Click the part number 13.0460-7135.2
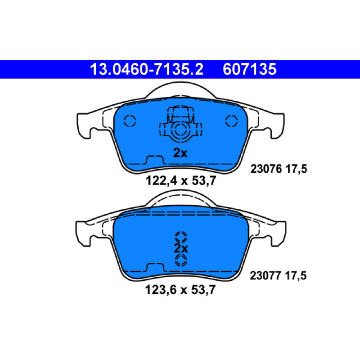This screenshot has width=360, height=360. click(147, 69)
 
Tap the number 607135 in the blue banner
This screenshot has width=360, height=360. click(249, 69)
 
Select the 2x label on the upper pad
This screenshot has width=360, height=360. click(180, 153)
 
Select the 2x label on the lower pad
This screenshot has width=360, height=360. click(181, 248)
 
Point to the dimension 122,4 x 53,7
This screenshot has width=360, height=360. click(181, 180)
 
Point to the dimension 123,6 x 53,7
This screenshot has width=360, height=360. click(180, 289)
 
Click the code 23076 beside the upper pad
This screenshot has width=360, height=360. click(266, 169)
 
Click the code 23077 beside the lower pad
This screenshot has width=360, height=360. click(265, 275)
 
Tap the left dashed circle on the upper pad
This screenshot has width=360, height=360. click(130, 121)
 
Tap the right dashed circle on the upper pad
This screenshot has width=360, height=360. click(231, 121)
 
